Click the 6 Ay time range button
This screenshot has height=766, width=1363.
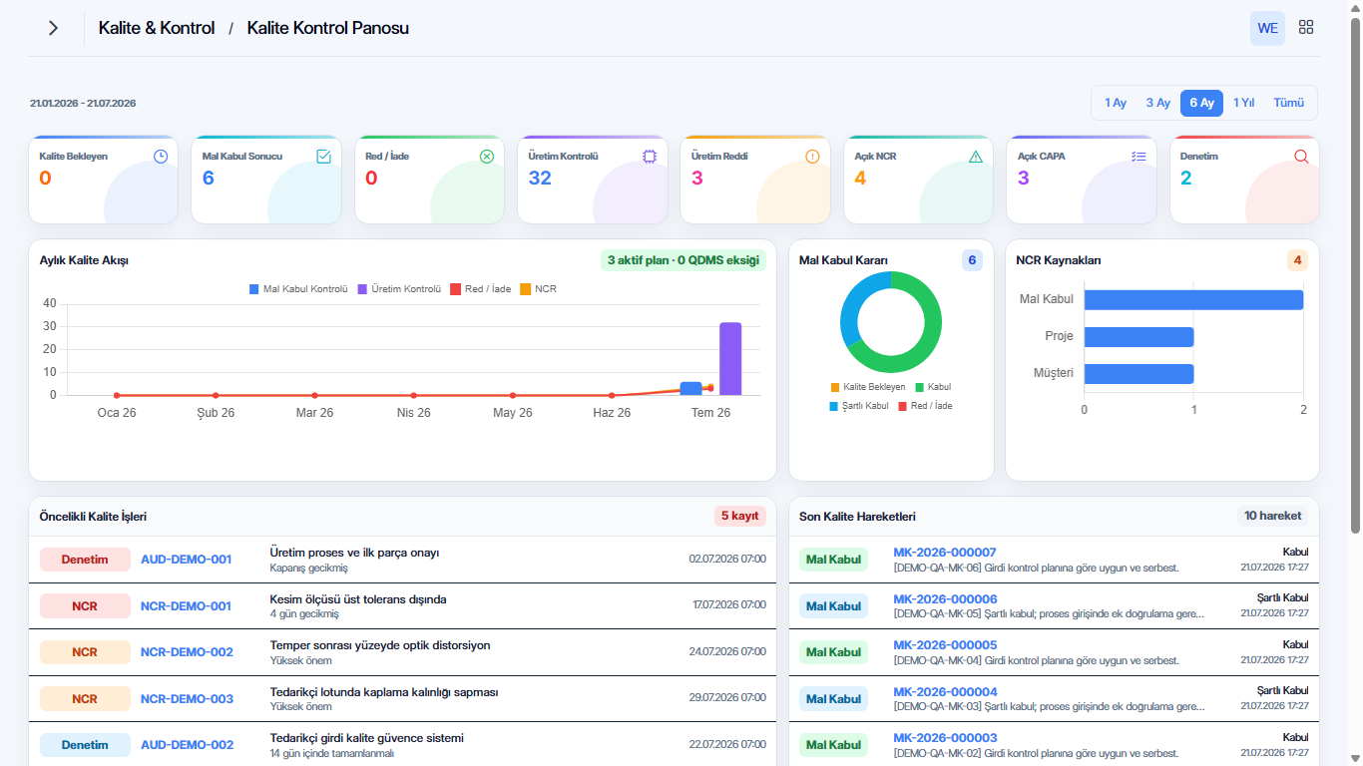[1201, 103]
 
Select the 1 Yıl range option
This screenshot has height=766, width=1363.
[1243, 103]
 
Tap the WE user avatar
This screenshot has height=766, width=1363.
[1267, 28]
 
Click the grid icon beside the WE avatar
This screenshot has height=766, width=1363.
[1306, 27]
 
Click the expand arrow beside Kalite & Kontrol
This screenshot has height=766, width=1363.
[54, 28]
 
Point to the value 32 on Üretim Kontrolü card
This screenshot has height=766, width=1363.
[540, 178]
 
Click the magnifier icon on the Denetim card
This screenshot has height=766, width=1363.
[1301, 157]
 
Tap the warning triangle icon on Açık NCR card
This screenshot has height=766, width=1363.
[976, 157]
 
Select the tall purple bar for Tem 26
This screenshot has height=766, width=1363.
[730, 359]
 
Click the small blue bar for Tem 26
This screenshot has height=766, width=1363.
[690, 389]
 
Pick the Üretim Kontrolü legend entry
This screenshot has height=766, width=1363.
[399, 289]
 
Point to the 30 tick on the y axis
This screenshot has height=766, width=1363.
[49, 326]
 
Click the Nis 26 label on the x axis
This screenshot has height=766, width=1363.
[414, 413]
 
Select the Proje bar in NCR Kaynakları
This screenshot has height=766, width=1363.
[1138, 337]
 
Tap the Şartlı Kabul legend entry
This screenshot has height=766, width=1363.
[858, 406]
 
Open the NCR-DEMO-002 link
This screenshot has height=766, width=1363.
[187, 652]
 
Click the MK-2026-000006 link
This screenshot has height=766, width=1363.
[945, 599]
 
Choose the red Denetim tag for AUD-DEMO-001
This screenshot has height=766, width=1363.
[85, 560]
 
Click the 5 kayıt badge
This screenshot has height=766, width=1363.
[740, 516]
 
